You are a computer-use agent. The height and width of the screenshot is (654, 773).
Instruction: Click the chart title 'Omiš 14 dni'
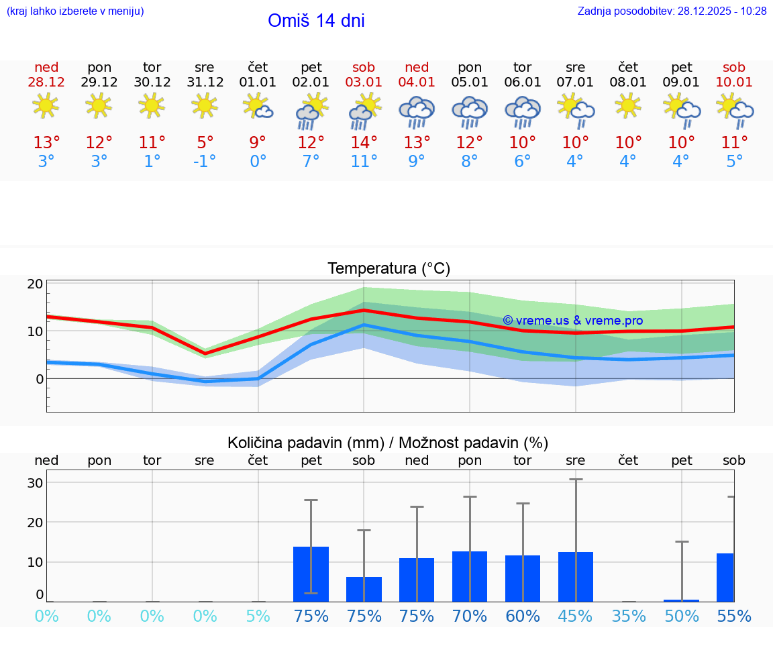pyautogui.click(x=316, y=21)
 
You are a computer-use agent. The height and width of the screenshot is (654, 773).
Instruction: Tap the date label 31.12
pyautogui.click(x=205, y=83)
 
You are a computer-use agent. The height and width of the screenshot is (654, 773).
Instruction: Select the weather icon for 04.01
pyautogui.click(x=417, y=112)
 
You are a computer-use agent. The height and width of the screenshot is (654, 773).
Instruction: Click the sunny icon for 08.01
pyautogui.click(x=628, y=106)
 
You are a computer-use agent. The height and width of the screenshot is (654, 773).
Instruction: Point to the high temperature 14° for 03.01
pyautogui.click(x=364, y=143)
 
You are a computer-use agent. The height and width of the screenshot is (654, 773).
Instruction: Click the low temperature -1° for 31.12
pyautogui.click(x=205, y=162)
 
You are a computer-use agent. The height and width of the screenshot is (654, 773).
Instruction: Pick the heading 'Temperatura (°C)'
pyautogui.click(x=389, y=269)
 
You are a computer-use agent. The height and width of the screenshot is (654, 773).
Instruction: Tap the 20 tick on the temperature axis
pyautogui.click(x=36, y=284)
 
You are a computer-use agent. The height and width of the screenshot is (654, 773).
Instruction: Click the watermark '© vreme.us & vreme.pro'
pyautogui.click(x=572, y=321)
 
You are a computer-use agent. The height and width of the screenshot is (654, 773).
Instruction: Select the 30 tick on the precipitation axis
pyautogui.click(x=36, y=483)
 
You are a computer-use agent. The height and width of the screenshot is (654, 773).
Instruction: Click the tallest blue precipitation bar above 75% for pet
pyautogui.click(x=311, y=574)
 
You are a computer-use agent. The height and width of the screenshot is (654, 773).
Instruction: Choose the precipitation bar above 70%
pyautogui.click(x=470, y=576)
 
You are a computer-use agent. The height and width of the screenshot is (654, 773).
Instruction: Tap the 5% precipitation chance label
pyautogui.click(x=258, y=616)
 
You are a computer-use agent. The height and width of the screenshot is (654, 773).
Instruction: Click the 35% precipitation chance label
pyautogui.click(x=629, y=616)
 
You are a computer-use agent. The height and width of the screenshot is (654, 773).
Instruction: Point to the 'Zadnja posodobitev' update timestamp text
pyautogui.click(x=672, y=11)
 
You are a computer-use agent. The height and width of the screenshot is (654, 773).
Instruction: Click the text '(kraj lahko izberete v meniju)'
pyautogui.click(x=75, y=11)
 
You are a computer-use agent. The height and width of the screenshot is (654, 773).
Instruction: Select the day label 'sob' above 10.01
pyautogui.click(x=734, y=67)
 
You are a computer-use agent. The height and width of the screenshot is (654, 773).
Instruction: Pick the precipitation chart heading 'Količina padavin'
pyautogui.click(x=388, y=443)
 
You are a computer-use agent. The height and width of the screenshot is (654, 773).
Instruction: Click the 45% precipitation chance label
pyautogui.click(x=576, y=616)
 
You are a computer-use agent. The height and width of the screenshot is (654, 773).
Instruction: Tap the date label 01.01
pyautogui.click(x=258, y=83)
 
